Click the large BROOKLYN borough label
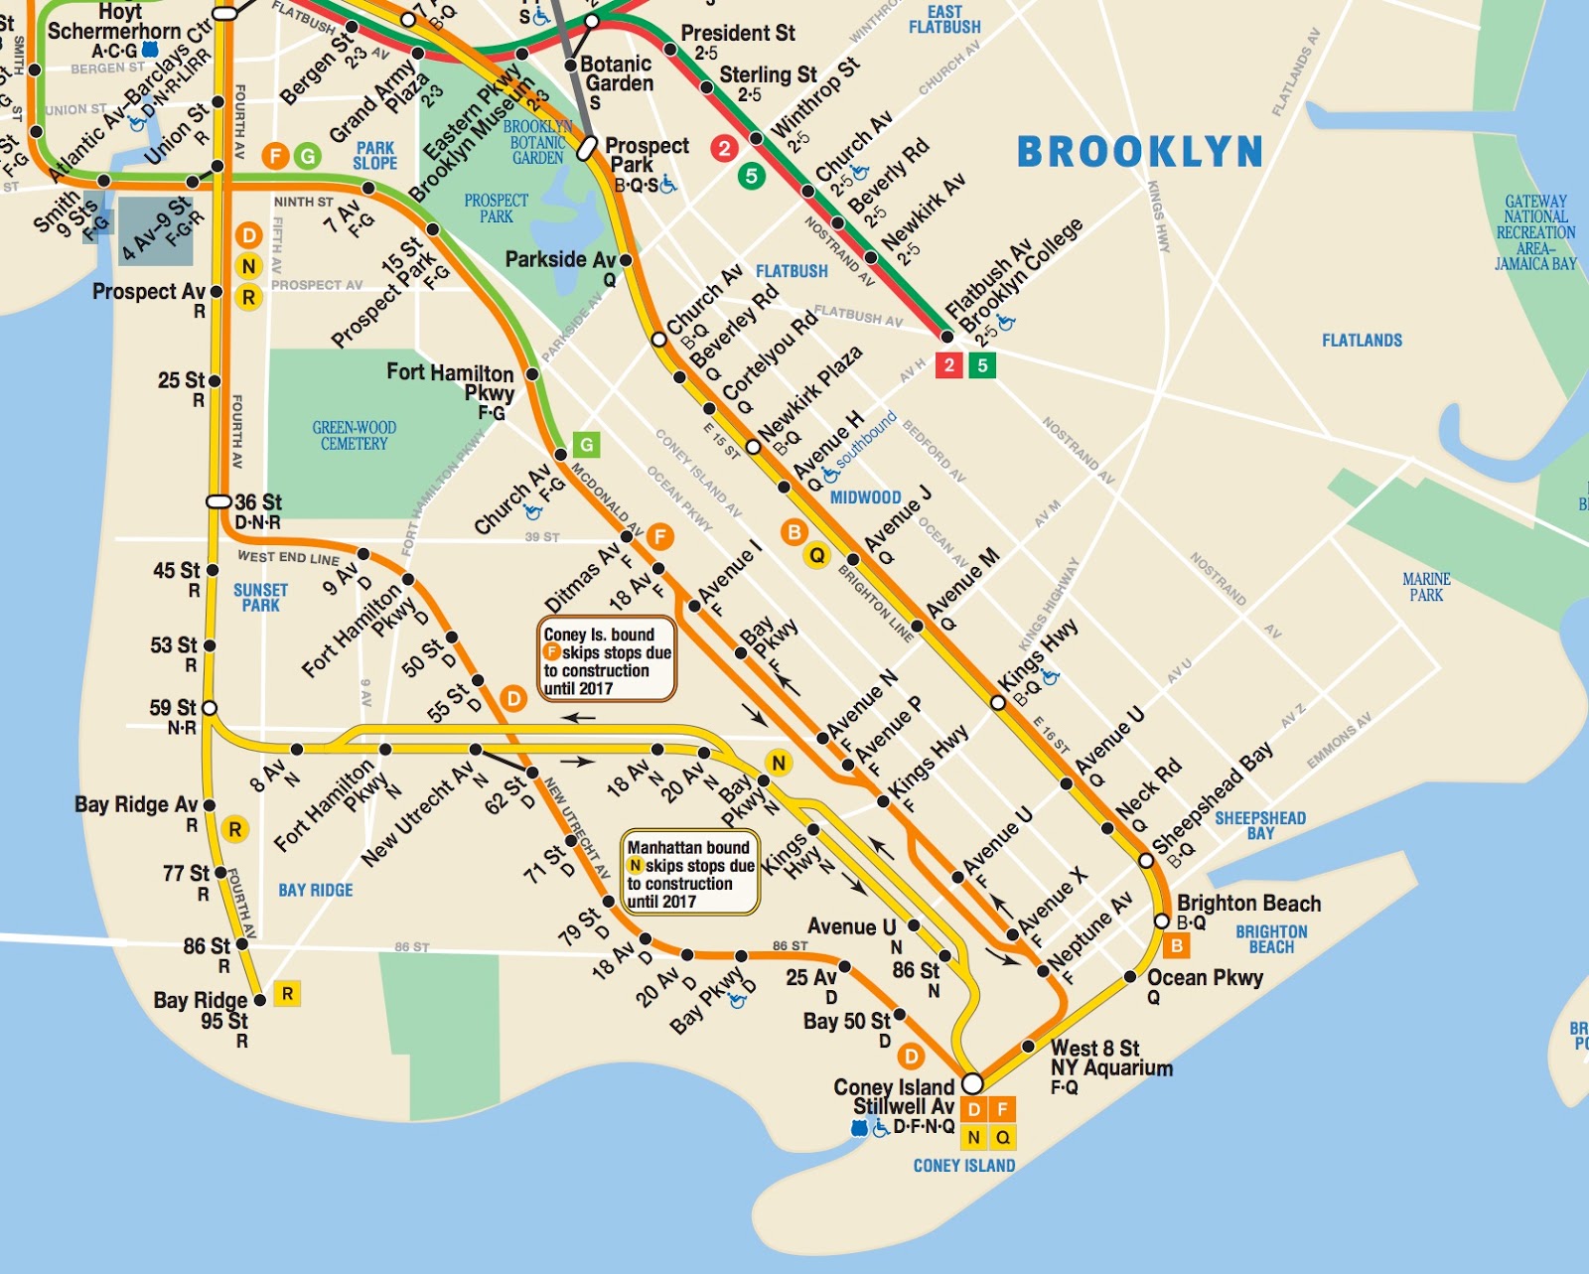(1140, 152)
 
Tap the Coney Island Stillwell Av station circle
(972, 1082)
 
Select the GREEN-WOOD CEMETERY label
(355, 436)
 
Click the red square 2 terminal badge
(949, 365)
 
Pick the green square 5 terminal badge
(982, 365)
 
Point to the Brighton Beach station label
(1248, 904)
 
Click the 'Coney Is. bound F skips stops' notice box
(607, 660)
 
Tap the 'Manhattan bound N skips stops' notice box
(690, 874)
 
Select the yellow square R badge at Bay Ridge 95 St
(287, 994)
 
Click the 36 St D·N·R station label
(258, 511)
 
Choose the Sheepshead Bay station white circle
(1146, 860)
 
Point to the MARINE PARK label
(1426, 587)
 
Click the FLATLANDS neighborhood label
(1362, 341)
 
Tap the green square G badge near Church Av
(587, 444)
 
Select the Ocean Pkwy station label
(1205, 978)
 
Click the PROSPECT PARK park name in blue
(496, 209)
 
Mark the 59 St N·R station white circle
(209, 708)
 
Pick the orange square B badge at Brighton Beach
(1177, 945)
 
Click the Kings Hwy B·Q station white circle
(998, 702)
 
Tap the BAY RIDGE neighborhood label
(315, 891)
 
